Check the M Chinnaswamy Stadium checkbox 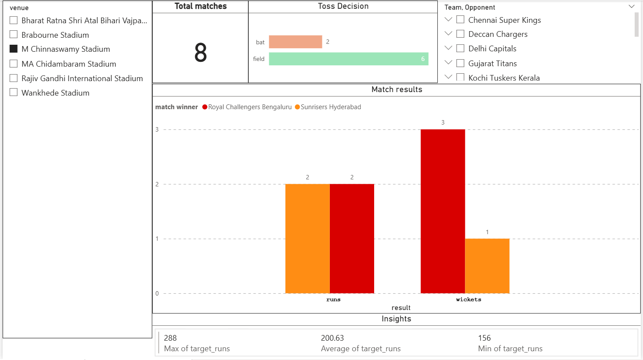(x=14, y=49)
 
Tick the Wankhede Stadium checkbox (x=14, y=93)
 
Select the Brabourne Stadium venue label (x=55, y=35)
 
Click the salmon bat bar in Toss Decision (x=295, y=42)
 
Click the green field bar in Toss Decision (x=348, y=59)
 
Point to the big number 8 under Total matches (x=200, y=53)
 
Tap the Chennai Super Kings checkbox (x=461, y=20)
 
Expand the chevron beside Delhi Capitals (x=448, y=48)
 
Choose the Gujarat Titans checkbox (x=461, y=63)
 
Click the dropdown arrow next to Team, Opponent (x=632, y=7)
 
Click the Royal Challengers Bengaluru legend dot (x=205, y=107)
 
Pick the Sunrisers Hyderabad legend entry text (x=331, y=107)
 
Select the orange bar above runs (x=307, y=239)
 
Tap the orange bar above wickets (x=487, y=266)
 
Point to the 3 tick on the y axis (x=157, y=129)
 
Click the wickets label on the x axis (x=468, y=299)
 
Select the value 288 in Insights (x=170, y=338)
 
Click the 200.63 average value (x=332, y=338)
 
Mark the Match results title (x=397, y=89)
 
